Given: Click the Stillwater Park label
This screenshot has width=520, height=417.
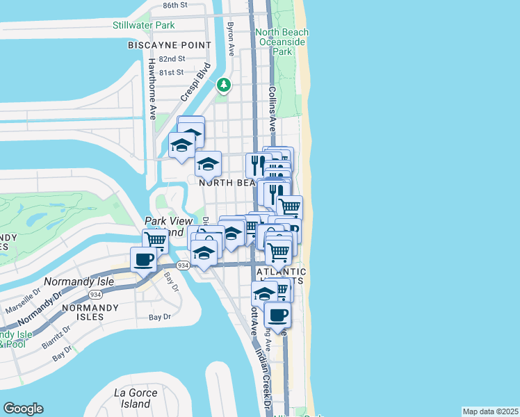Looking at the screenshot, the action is pyautogui.click(x=143, y=26).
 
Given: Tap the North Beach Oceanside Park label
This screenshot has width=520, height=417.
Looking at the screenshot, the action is pyautogui.click(x=282, y=42).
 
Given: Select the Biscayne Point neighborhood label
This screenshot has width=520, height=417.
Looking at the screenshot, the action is pyautogui.click(x=169, y=45).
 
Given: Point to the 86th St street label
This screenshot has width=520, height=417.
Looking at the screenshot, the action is pyautogui.click(x=174, y=5).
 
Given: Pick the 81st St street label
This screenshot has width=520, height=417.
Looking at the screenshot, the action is pyautogui.click(x=171, y=72).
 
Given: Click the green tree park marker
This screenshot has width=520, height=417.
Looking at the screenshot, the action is pyautogui.click(x=223, y=85).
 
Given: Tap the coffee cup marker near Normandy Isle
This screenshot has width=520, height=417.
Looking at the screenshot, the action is pyautogui.click(x=143, y=260).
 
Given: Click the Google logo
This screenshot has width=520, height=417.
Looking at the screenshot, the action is pyautogui.click(x=23, y=409).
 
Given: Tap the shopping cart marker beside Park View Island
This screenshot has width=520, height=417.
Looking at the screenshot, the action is pyautogui.click(x=155, y=240).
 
